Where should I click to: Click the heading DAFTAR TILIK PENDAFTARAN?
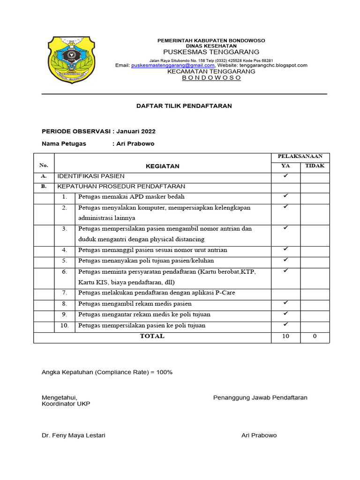[x=184, y=106]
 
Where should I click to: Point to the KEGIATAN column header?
[x=162, y=166]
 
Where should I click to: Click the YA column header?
[x=285, y=165]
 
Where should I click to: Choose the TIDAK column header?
[x=315, y=165]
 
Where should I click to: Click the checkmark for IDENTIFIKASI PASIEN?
[x=285, y=176]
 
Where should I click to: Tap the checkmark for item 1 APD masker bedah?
[x=285, y=196]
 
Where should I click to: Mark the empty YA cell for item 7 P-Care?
[x=285, y=293]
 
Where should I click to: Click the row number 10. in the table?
[x=65, y=325]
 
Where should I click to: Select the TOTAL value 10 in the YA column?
[x=285, y=336]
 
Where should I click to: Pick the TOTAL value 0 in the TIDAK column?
[x=315, y=336]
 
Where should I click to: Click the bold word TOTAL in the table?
[x=152, y=336]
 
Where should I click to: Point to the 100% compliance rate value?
[x=165, y=372]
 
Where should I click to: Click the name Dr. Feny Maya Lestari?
[x=74, y=435]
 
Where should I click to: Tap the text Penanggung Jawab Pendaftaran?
[x=260, y=397]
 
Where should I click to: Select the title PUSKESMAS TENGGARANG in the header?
[x=211, y=52]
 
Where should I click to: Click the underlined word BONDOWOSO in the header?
[x=211, y=78]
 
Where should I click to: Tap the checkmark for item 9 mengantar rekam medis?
[x=285, y=313]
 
